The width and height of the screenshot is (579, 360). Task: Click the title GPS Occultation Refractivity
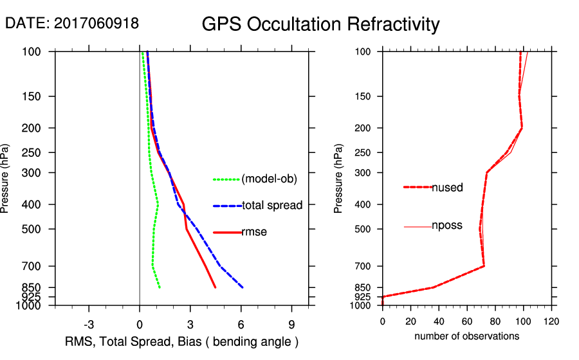(320, 24)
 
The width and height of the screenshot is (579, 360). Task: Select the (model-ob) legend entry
(269, 179)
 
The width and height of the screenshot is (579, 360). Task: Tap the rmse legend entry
(253, 232)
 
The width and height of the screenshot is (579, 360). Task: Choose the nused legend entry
(447, 187)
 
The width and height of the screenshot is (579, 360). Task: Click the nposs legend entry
(446, 226)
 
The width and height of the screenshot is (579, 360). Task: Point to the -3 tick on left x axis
(89, 324)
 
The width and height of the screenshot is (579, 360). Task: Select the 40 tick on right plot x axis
(439, 321)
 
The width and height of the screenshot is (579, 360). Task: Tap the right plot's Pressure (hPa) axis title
(339, 179)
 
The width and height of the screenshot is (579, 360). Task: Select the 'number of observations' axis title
(466, 336)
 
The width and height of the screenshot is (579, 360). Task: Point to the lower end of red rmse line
(216, 287)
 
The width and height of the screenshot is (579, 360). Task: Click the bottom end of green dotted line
(160, 287)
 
